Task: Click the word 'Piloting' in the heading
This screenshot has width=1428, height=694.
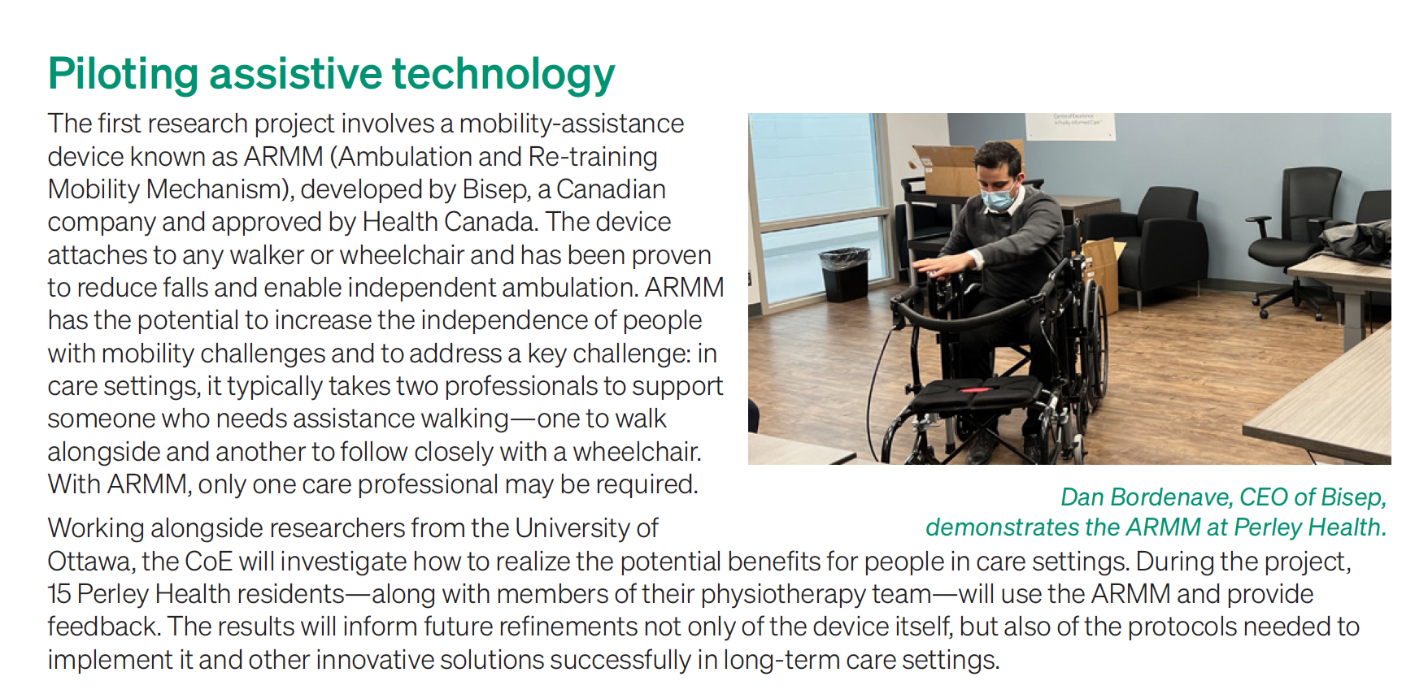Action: [123, 75]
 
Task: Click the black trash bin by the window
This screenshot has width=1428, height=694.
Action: [845, 274]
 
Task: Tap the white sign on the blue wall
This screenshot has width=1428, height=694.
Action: [1070, 126]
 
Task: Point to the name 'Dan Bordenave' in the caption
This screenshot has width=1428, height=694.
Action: [1147, 497]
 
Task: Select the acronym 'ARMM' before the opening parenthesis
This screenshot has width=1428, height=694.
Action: [283, 156]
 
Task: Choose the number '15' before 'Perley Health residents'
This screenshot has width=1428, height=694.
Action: [59, 594]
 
